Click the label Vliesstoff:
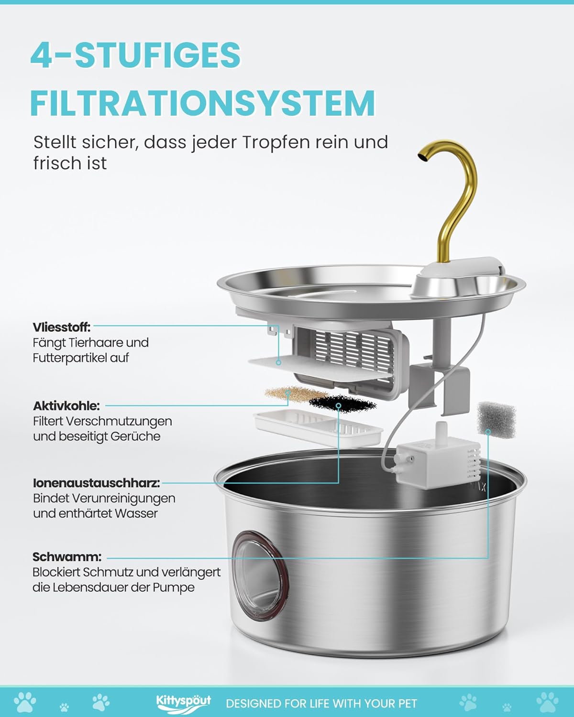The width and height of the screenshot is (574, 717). tap(62, 327)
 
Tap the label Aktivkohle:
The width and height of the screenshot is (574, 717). tap(66, 406)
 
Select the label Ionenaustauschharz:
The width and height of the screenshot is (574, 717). tap(97, 483)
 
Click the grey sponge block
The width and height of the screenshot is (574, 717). tap(497, 420)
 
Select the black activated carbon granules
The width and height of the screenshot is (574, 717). tap(343, 404)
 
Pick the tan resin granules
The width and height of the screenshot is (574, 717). tap(289, 393)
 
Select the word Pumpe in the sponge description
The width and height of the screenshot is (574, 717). tap(173, 587)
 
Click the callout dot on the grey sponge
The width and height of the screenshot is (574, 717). tap(488, 432)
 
